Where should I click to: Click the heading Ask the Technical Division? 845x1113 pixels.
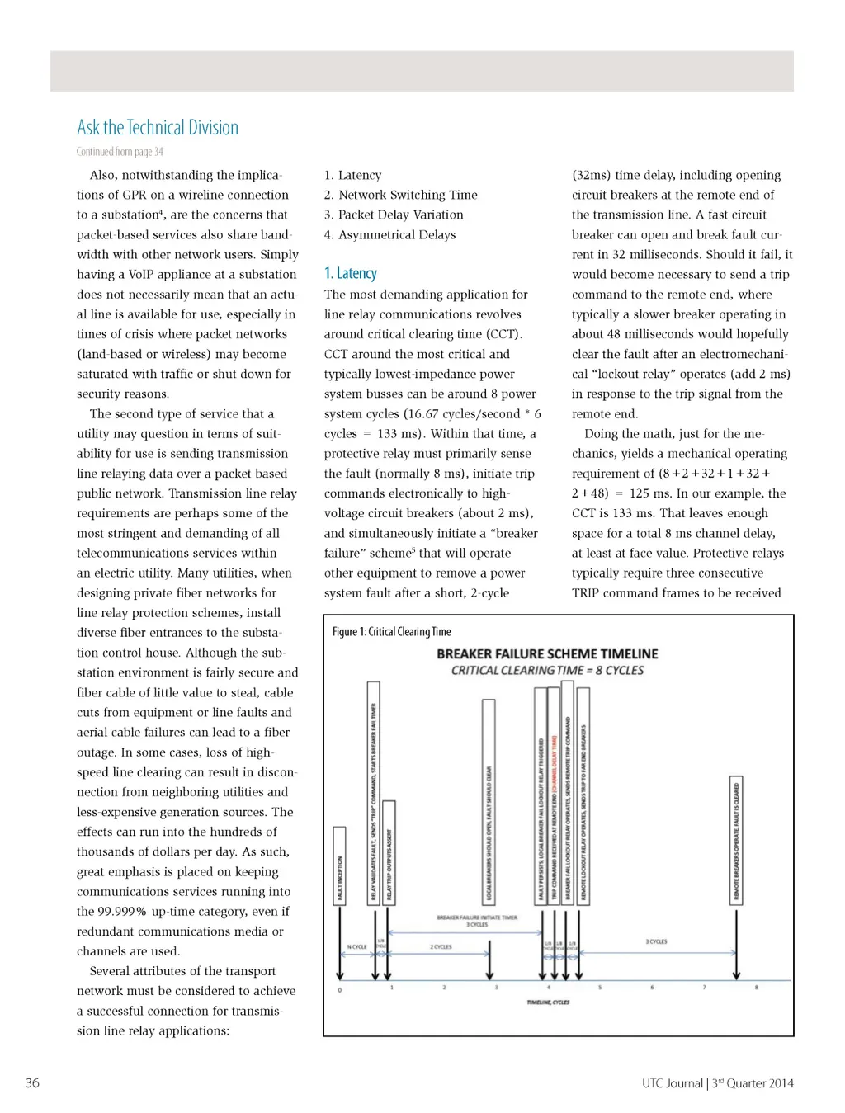tap(158, 128)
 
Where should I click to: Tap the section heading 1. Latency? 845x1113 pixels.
tap(351, 273)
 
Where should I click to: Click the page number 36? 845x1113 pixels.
tap(32, 1082)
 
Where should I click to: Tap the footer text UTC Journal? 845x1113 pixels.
tap(672, 1083)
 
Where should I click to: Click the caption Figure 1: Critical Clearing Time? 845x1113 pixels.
tap(392, 632)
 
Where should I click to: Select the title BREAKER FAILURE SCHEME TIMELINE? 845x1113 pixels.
tap(547, 653)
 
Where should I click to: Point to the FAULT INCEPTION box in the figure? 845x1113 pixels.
tap(339, 865)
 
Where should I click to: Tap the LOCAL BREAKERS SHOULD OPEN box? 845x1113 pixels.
tap(489, 801)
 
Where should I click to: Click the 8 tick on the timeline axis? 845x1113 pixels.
tap(756, 988)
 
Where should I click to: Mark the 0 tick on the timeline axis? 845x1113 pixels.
tap(340, 989)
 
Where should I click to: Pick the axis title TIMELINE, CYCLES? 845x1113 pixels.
tap(548, 1002)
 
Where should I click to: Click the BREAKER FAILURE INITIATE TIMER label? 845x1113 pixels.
tap(477, 917)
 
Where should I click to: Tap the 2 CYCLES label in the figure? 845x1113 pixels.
tap(441, 946)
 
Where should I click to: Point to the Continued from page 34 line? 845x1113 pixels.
tap(120, 152)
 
